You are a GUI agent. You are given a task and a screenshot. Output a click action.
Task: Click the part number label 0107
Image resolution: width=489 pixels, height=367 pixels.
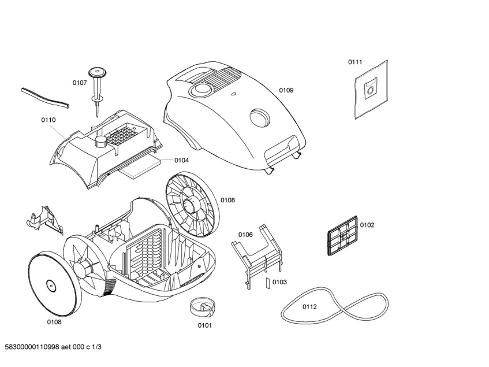[80, 83]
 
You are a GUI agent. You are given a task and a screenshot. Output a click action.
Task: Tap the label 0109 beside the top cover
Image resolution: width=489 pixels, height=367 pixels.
[286, 90]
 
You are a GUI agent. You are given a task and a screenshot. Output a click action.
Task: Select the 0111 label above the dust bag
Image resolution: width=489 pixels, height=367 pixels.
[354, 62]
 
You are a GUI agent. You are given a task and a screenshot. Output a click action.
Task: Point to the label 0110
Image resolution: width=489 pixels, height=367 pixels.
[48, 120]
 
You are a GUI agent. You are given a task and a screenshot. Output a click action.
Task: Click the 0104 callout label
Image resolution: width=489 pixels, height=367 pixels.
[181, 160]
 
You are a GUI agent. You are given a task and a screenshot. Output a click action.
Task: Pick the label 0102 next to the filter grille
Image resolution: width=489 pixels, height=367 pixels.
[367, 225]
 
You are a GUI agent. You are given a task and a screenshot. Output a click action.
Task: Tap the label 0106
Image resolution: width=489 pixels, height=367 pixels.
[245, 235]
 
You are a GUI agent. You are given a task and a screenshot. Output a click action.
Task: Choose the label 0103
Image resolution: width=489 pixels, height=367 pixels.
[279, 282]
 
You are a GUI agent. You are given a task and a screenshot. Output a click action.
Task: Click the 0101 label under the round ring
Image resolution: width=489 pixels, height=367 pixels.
[205, 325]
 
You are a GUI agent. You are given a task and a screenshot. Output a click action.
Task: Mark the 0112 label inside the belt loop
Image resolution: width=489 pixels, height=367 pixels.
[309, 306]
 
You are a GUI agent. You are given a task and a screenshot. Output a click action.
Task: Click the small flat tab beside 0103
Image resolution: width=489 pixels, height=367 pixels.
[267, 283]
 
